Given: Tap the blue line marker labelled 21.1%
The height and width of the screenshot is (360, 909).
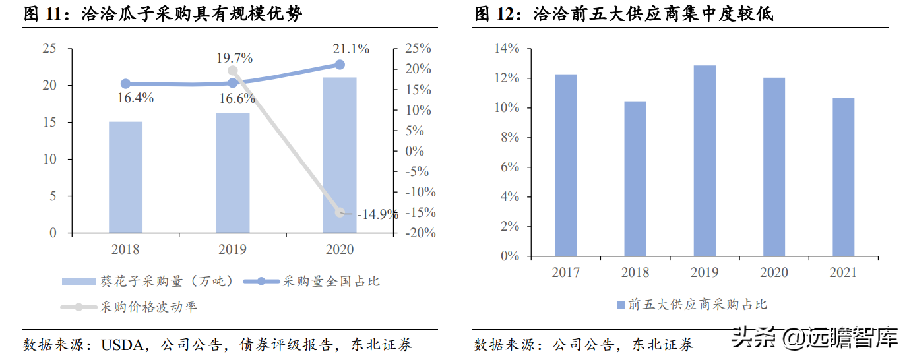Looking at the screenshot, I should (x=340, y=65).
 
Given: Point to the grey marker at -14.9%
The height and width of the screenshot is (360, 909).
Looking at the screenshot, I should (x=340, y=212).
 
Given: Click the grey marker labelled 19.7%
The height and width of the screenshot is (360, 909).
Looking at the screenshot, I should (x=232, y=71).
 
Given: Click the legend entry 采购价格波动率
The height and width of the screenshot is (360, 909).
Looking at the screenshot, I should (x=148, y=307).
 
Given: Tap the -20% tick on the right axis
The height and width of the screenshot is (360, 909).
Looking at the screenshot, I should (x=418, y=233).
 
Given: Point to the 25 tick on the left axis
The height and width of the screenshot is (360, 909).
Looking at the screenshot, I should (x=49, y=49).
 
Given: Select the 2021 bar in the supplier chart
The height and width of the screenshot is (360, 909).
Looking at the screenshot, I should (x=844, y=177).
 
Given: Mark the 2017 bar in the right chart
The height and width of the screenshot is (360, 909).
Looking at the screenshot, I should (x=565, y=165).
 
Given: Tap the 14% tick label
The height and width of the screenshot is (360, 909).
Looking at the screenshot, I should (x=507, y=49).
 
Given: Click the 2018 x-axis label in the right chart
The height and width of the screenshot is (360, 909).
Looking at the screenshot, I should (x=635, y=272).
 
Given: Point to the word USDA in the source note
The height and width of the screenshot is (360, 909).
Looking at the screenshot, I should (x=119, y=344).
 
